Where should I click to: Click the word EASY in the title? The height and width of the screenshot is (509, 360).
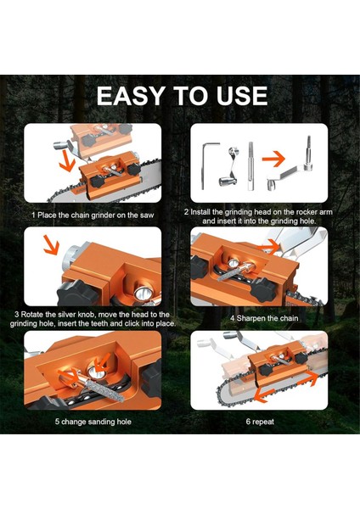click(130, 95)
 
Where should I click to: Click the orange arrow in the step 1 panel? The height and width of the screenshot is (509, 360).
click(67, 161)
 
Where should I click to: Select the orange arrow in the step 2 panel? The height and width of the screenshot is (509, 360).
click(273, 159)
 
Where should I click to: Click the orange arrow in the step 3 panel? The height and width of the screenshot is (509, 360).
click(51, 245)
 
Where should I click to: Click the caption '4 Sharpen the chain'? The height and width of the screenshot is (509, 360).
click(264, 318)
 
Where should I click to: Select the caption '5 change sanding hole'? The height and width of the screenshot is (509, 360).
click(93, 422)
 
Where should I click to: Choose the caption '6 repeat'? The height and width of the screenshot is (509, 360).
click(260, 422)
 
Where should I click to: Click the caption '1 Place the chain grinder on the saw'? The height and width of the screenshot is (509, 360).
click(93, 215)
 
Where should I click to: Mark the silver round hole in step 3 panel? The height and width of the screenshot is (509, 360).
click(143, 293)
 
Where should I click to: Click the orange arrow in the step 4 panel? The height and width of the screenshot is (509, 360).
click(268, 248)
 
